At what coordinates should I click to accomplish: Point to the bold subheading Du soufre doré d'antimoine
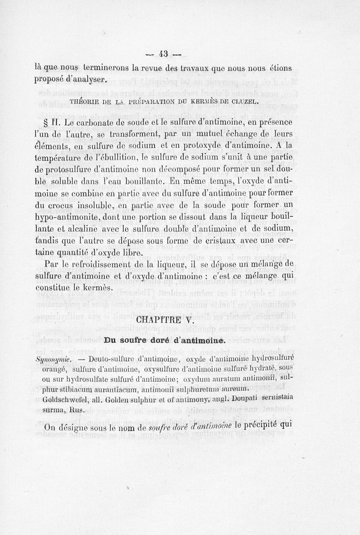pos(164,341)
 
